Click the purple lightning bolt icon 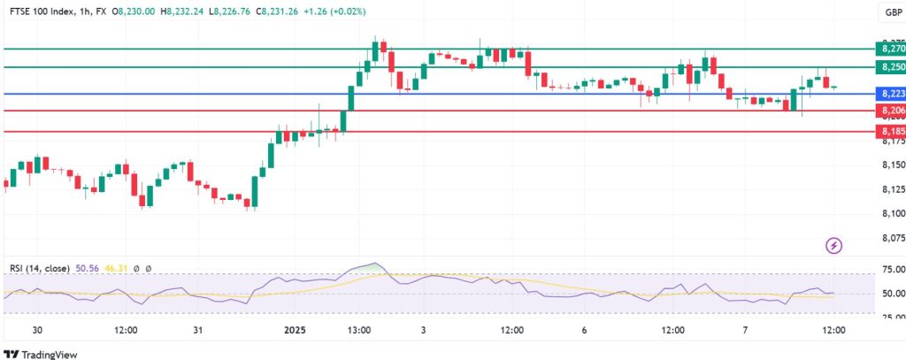pyautogui.click(x=833, y=244)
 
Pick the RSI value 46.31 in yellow pyautogui.click(x=111, y=267)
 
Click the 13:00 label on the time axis pyautogui.click(x=358, y=329)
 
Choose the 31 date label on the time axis pyautogui.click(x=198, y=329)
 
